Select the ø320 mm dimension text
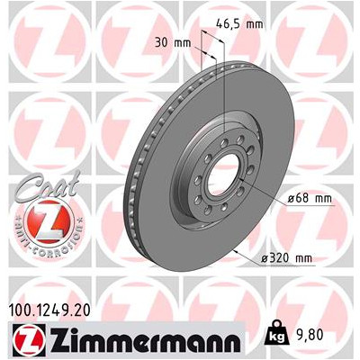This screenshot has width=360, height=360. [285, 258]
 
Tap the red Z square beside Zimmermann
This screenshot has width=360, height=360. [23, 340]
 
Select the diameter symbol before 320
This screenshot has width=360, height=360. [265, 258]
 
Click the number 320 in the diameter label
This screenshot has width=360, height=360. [281, 258]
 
